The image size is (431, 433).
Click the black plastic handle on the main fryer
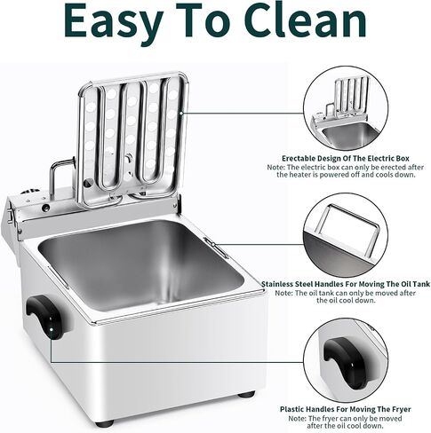point(45,317)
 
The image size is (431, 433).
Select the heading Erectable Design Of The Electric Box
point(346,159)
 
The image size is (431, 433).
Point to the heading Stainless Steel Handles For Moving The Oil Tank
point(346,284)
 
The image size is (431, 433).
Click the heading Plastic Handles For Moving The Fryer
point(346,409)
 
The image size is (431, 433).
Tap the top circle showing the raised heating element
point(346,108)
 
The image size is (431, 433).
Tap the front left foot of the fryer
point(105,424)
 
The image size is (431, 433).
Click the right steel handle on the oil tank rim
point(216,248)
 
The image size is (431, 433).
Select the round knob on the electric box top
point(30,193)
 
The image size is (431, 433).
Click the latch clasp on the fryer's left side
point(10,216)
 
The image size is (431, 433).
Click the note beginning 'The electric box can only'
point(346,171)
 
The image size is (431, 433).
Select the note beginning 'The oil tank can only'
point(346,296)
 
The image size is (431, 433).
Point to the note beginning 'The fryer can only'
point(346,422)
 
